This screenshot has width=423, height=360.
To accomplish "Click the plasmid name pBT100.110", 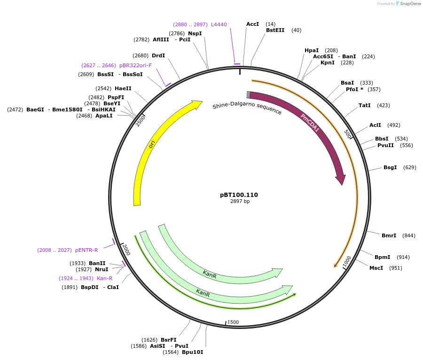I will click(239, 195).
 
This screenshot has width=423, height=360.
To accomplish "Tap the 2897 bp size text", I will click(240, 202).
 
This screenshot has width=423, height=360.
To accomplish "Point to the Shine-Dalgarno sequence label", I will click(247, 109).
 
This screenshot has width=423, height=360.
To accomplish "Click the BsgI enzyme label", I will click(390, 167).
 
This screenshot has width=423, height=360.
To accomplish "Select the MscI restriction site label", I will click(376, 268).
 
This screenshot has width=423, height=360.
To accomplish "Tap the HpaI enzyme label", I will click(312, 50).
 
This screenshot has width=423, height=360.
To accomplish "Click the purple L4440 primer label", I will click(219, 24).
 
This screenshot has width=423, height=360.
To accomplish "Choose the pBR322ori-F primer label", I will click(135, 65).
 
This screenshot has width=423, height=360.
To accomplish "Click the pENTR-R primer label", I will click(86, 250).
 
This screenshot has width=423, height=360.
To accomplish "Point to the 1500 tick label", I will click(233, 322).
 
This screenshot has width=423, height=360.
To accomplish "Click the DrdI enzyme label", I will click(158, 55).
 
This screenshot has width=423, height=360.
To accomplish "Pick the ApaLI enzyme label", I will click(104, 116).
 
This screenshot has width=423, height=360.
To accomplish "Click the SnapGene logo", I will click(407, 4).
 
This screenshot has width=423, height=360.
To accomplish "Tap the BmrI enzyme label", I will click(389, 235).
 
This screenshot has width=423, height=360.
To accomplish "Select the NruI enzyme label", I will click(102, 269).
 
